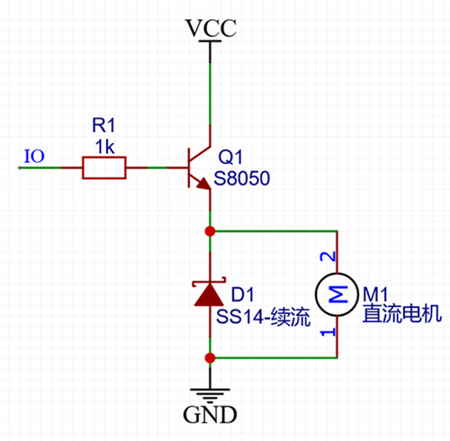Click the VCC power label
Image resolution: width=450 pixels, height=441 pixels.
[x=210, y=28]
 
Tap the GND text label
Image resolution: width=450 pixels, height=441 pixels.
[x=210, y=415]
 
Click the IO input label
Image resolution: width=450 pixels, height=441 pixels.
[x=33, y=157]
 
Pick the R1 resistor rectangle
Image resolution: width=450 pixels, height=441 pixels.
[x=103, y=166]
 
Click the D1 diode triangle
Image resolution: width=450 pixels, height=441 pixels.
[x=210, y=294]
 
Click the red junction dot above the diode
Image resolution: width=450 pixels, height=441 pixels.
[x=210, y=231]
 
